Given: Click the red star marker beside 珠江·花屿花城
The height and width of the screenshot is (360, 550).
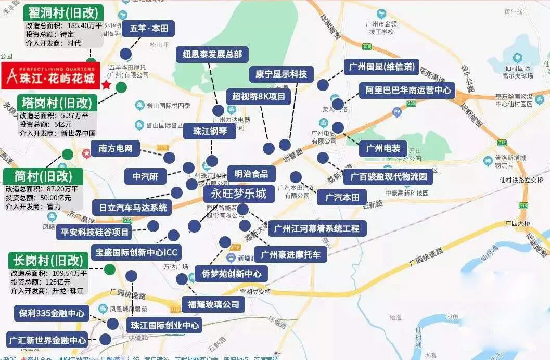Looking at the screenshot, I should coord(107,84).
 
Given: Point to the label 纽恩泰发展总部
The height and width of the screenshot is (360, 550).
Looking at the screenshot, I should coord(212,54).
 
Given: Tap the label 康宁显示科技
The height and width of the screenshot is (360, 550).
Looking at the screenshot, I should coord(282,74).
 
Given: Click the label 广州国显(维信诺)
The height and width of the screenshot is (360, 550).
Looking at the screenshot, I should coord(381,67).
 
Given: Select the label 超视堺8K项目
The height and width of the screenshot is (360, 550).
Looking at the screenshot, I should coord(258,96).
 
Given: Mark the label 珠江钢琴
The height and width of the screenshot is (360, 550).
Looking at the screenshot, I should coord(210,131).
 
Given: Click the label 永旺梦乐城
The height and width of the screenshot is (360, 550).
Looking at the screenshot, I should coord(238,195).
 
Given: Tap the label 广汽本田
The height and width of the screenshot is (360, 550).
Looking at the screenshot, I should coord(346,197).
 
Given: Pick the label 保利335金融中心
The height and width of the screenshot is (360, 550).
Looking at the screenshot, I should coord(52,314).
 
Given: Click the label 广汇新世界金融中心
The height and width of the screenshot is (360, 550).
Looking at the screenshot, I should coord(47,341).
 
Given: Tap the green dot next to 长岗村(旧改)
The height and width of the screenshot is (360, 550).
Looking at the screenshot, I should coord(109,269).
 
